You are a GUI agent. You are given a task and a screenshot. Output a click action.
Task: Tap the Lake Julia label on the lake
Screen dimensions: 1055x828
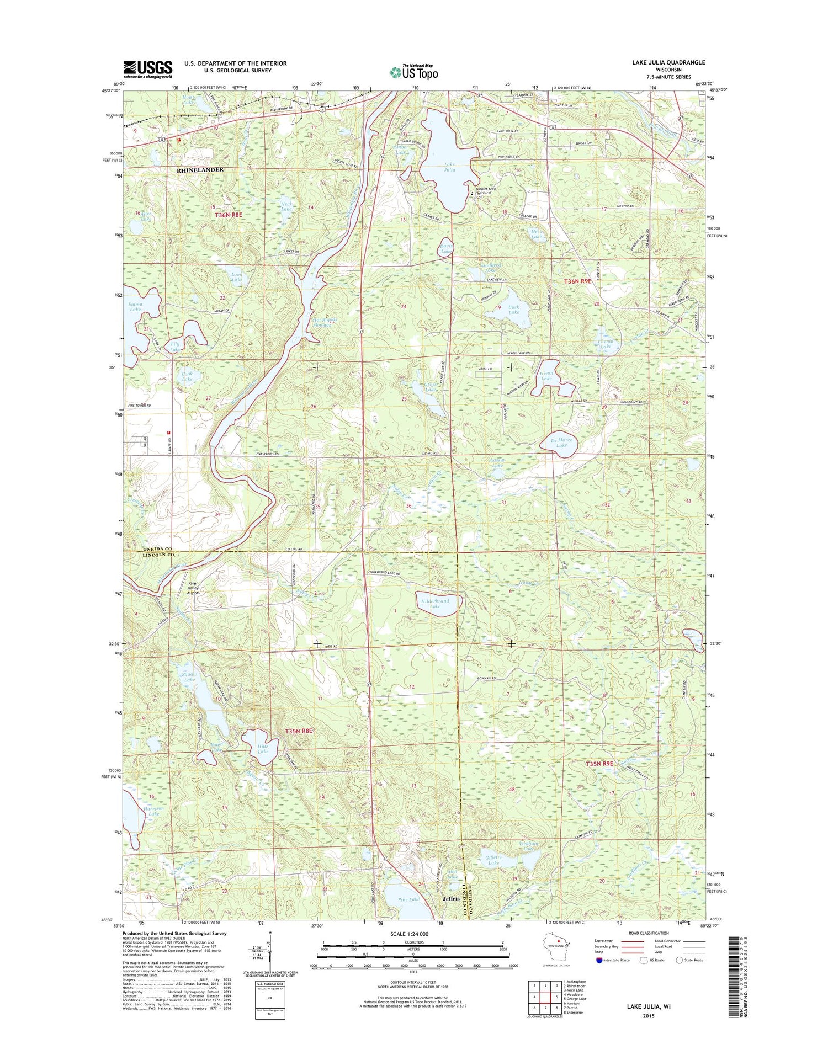click(x=450, y=167)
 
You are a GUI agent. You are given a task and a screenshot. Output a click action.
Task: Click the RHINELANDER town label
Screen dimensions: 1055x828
click(x=200, y=170)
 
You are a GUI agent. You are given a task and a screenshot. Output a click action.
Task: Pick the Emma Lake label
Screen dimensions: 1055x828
click(x=135, y=307)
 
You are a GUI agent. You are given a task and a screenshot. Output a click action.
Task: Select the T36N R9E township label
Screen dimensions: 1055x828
click(x=577, y=281)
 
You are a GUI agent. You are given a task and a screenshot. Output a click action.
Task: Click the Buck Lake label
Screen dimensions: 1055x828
click(x=514, y=310)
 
